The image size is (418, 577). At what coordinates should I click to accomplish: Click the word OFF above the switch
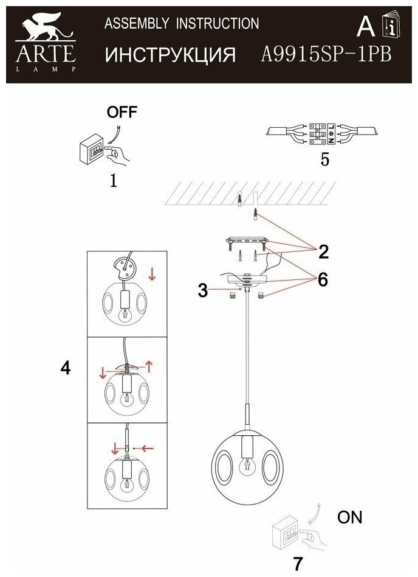pyautogui.click(x=122, y=112)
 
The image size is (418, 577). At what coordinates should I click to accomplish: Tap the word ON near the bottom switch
pyautogui.click(x=349, y=518)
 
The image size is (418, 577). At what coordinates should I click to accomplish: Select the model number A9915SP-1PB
pyautogui.click(x=326, y=55)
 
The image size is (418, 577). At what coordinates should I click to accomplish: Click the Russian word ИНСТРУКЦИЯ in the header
pyautogui.click(x=170, y=55)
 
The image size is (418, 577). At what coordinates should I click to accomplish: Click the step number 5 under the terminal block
pyautogui.click(x=325, y=160)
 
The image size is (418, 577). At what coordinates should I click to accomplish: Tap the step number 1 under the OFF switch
pyautogui.click(x=113, y=180)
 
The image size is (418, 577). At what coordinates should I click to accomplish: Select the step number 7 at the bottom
pyautogui.click(x=297, y=564)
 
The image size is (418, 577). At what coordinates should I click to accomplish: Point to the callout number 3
pyautogui.click(x=203, y=290)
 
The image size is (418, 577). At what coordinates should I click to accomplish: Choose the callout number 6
pyautogui.click(x=321, y=279)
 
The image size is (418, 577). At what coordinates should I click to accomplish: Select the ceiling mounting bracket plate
pyautogui.click(x=247, y=241)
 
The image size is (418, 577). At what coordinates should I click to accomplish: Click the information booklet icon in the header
pyautogui.click(x=390, y=26)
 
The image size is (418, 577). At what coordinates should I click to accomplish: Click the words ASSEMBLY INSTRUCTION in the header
pyautogui.click(x=182, y=24)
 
